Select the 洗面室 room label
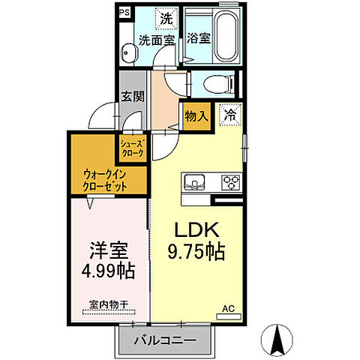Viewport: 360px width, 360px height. coord(155,41)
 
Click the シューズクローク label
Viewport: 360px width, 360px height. coord(131,148)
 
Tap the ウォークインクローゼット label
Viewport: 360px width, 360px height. coord(105,180)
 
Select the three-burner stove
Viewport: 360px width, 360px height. coord(229,181)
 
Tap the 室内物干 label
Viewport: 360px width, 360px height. coord(105,306)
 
